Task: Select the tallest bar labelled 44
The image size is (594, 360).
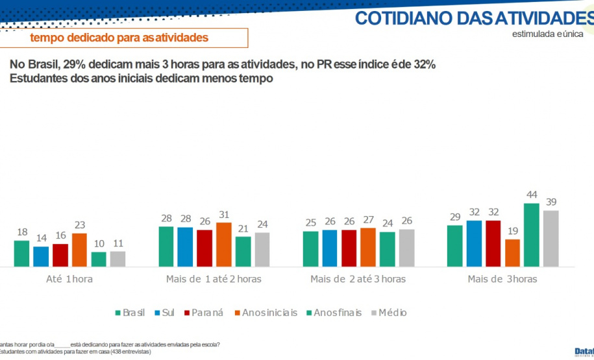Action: [x=532, y=235]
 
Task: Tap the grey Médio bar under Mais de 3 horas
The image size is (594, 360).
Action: [x=551, y=238]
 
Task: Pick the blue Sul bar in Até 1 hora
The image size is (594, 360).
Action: [x=41, y=256]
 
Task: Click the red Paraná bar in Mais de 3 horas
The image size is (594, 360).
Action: [x=493, y=243]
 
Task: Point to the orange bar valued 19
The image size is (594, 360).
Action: [x=512, y=253]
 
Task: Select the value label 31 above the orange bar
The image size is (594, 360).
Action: [x=224, y=215]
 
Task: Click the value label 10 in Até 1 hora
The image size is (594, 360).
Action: [x=99, y=244]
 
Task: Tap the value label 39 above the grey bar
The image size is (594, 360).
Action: [x=551, y=202]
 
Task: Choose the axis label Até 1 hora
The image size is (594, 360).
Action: [x=69, y=279]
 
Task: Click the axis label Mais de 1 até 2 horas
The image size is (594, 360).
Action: [x=214, y=279]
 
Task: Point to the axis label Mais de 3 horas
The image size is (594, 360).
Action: [x=502, y=279]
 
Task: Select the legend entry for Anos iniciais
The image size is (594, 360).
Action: [x=266, y=313]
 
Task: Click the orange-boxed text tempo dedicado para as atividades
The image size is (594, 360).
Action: [x=119, y=38]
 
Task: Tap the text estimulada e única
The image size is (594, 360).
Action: [x=547, y=33]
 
